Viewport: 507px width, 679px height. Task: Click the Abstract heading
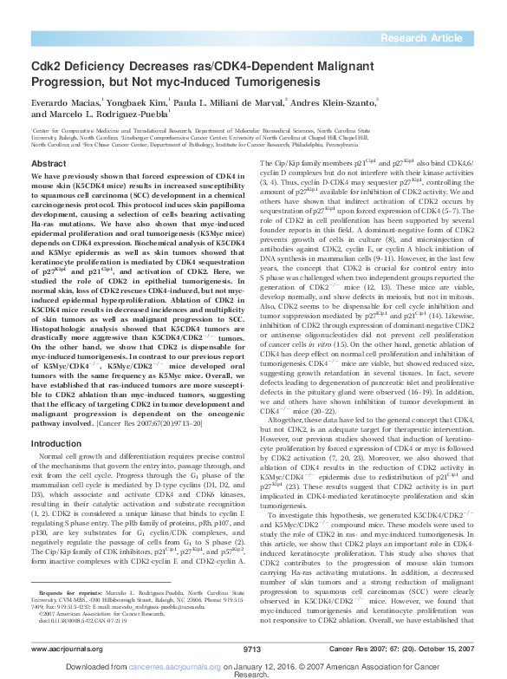click(49, 164)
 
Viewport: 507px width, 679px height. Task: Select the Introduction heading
click(56, 442)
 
